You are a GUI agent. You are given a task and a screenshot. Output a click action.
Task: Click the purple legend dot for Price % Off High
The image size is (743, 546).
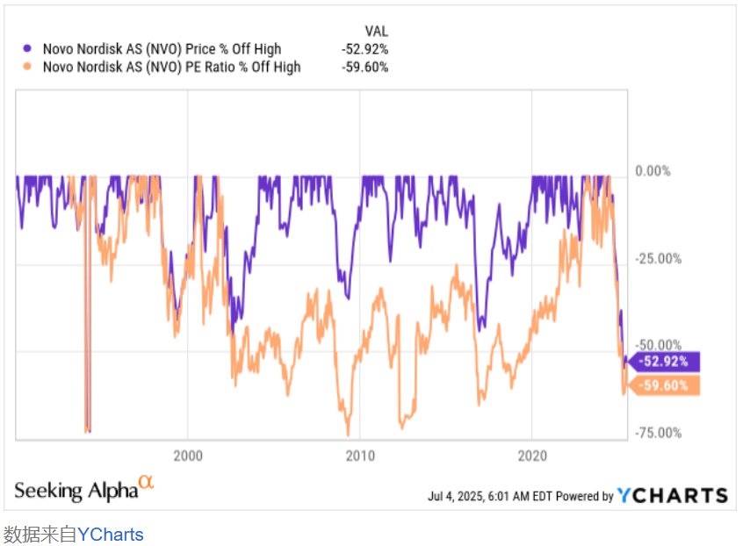28,49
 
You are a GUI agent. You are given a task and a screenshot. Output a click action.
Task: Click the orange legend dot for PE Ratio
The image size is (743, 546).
28,67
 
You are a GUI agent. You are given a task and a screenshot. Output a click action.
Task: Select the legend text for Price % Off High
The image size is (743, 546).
162,49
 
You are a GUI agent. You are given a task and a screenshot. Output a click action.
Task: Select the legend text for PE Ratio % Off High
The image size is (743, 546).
171,67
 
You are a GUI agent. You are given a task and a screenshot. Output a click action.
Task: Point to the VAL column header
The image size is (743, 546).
376,32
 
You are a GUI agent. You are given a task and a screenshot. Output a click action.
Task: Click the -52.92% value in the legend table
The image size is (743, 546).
364,49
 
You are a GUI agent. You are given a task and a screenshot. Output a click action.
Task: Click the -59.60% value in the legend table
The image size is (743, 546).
364,67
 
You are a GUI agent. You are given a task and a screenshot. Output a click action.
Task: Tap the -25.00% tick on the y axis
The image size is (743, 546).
656,258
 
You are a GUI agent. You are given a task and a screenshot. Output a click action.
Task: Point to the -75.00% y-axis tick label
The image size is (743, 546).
656,432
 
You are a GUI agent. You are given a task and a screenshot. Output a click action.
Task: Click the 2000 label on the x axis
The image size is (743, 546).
188,456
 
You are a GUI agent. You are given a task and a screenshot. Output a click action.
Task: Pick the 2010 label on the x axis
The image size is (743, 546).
360,456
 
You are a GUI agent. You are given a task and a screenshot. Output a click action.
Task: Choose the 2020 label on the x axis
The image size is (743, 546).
533,456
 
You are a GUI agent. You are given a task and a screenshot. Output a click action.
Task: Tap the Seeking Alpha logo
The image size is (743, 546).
84,490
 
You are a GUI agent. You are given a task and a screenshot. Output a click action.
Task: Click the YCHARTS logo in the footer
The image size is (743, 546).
673,496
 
